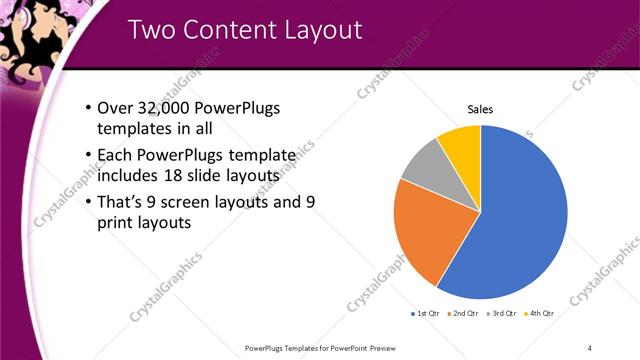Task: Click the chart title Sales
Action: click(x=481, y=110)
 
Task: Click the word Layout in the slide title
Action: click(x=320, y=30)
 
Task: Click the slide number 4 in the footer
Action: click(x=589, y=348)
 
